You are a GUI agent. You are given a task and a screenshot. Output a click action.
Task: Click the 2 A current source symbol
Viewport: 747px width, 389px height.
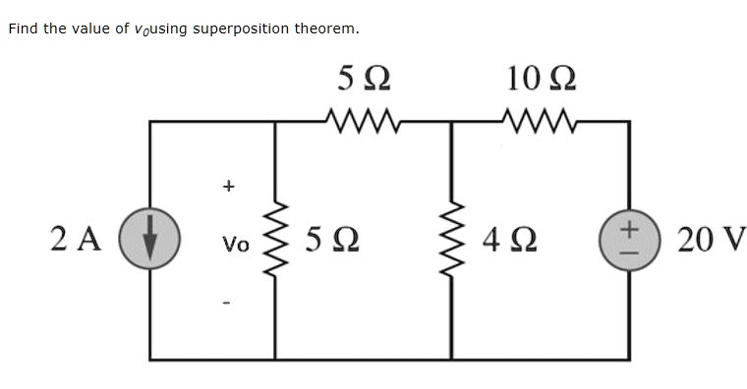click(x=150, y=240)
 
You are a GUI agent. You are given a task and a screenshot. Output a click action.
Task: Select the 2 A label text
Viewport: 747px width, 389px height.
click(x=75, y=240)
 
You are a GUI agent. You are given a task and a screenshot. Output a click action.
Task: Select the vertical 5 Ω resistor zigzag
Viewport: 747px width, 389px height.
click(x=275, y=240)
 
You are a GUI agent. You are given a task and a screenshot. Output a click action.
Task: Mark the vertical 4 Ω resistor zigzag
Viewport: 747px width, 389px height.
click(x=451, y=240)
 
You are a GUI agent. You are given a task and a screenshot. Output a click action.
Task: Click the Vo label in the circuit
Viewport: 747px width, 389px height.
click(x=237, y=243)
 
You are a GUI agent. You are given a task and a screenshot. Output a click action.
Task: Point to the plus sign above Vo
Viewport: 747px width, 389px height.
click(x=229, y=184)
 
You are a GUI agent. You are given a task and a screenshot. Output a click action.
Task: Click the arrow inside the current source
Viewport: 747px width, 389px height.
click(x=150, y=241)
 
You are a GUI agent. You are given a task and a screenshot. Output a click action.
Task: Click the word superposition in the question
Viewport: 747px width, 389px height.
click(x=237, y=28)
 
